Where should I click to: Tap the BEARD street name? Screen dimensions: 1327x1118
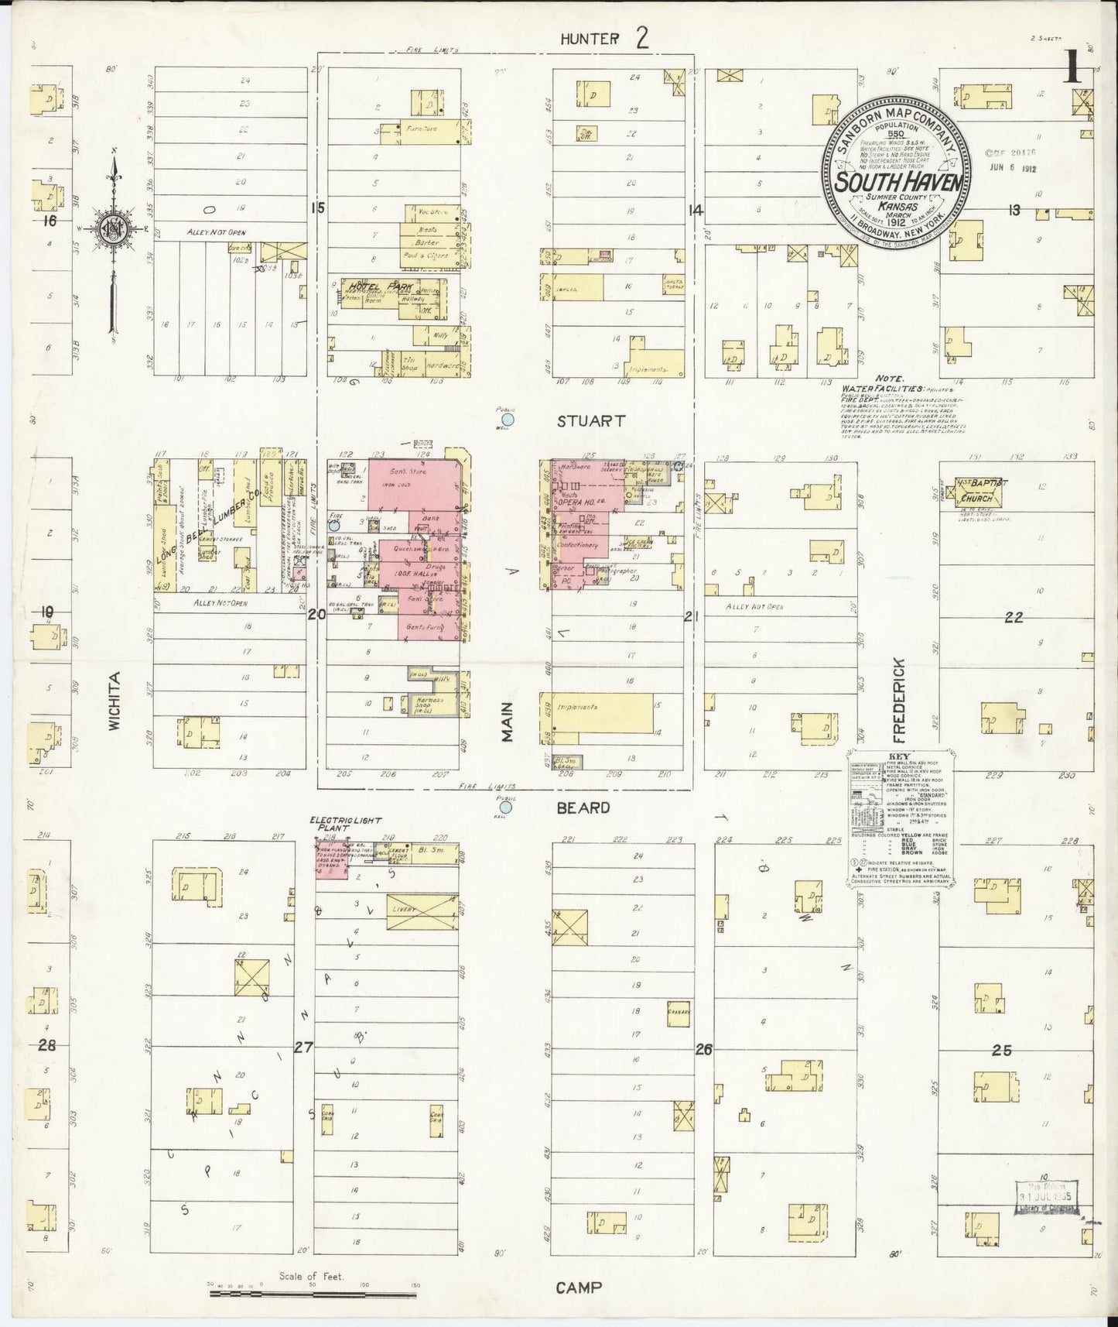pyautogui.click(x=583, y=808)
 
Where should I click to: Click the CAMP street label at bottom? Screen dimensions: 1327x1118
pyautogui.click(x=579, y=1288)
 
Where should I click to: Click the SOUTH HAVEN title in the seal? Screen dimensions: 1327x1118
pyautogui.click(x=897, y=183)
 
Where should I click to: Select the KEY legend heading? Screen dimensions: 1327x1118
pyautogui.click(x=897, y=759)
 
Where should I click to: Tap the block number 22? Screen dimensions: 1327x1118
pyautogui.click(x=1014, y=617)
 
